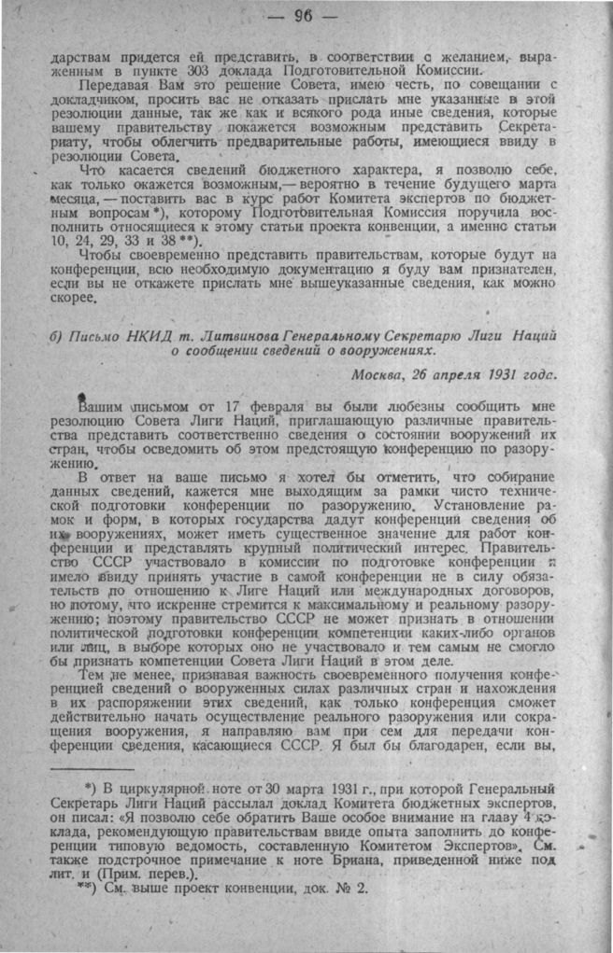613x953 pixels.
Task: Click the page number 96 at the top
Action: coord(304,16)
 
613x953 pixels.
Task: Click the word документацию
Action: coord(268,272)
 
